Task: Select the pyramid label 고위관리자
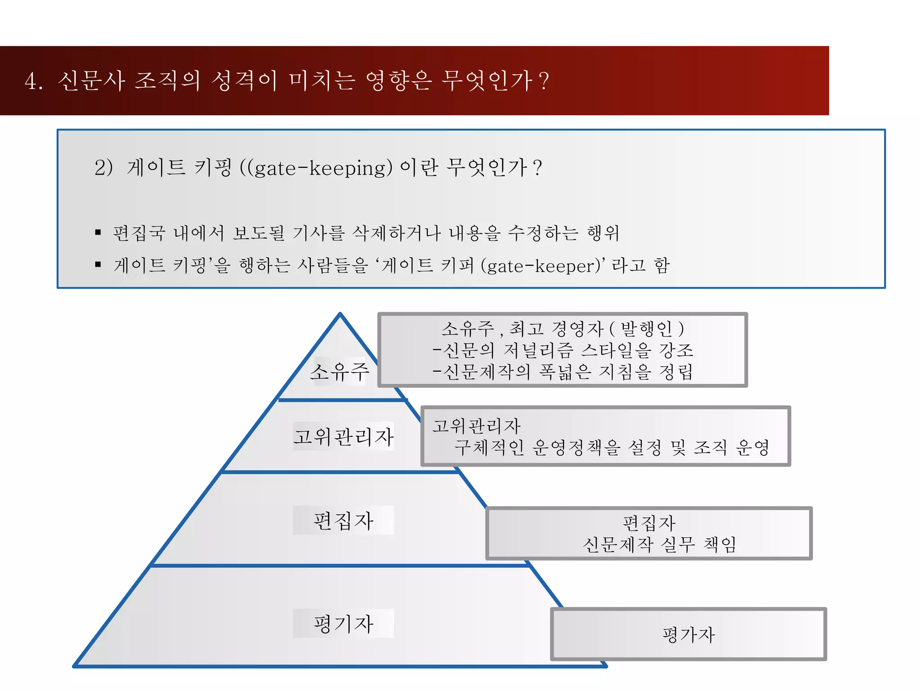pos(344,436)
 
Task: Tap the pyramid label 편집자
pos(344,520)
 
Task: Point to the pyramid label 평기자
pos(344,624)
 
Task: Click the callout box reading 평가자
pos(689,634)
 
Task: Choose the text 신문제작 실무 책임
pos(659,544)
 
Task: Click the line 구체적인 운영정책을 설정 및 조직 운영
pos(612,447)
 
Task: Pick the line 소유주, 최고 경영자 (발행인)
pos(563,329)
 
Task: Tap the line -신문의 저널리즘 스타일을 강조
pos(563,350)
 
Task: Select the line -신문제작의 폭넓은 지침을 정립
pos(563,372)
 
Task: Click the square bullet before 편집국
pos(98,232)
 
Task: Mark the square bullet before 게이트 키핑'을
pos(98,265)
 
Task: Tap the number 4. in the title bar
pos(34,81)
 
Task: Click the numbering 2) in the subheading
pos(103,168)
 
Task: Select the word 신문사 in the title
pos(91,81)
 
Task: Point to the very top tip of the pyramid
pos(340,314)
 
